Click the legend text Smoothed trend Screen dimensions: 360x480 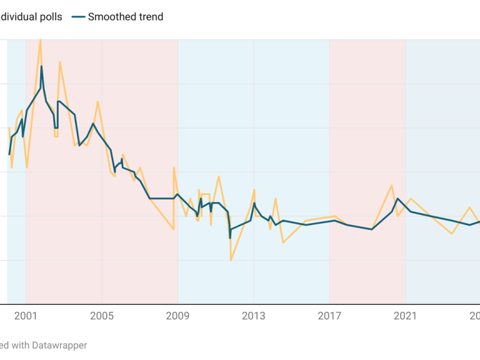(x=125, y=17)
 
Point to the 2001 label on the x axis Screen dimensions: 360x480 (x=25, y=316)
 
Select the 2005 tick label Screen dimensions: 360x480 (x=101, y=316)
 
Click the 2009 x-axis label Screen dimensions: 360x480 (x=178, y=316)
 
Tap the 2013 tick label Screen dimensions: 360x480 (x=253, y=316)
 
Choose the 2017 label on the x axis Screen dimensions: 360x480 (x=329, y=316)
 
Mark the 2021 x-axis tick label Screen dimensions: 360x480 (x=405, y=316)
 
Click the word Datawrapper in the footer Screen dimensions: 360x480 (x=59, y=345)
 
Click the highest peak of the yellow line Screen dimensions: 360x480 (x=40, y=39)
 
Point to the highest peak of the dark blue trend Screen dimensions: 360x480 (x=41, y=66)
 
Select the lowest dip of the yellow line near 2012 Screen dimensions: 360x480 (x=230, y=260)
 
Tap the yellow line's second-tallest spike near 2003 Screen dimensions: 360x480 (x=59, y=62)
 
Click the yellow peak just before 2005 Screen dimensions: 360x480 (x=98, y=101)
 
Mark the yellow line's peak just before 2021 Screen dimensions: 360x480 (x=392, y=185)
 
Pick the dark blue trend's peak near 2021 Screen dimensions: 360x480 (x=398, y=198)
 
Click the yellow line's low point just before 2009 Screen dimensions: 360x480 (x=173, y=229)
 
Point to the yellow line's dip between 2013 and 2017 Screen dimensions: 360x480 (x=283, y=242)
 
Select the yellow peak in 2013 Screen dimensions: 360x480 (x=254, y=190)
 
